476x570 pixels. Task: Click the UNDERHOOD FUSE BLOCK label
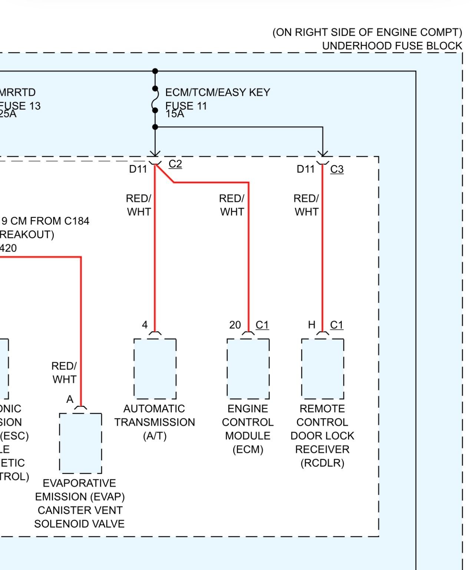(x=392, y=46)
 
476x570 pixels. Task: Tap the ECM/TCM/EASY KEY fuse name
(x=218, y=92)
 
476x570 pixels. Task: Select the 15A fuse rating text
(x=175, y=114)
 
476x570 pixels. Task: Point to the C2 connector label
(x=175, y=164)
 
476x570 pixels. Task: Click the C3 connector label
(x=337, y=169)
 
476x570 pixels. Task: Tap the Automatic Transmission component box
(x=155, y=369)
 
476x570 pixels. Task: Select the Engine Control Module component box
(x=248, y=369)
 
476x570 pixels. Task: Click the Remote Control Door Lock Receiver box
(x=323, y=369)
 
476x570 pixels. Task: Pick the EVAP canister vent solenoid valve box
(x=80, y=443)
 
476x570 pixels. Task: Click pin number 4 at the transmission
(x=145, y=325)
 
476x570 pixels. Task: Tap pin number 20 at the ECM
(x=235, y=325)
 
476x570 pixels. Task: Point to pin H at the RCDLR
(x=311, y=325)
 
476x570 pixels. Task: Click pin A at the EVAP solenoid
(x=70, y=400)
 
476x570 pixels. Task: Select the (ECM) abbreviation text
(x=248, y=450)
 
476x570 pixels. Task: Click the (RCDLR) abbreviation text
(x=322, y=463)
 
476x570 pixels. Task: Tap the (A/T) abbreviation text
(x=155, y=436)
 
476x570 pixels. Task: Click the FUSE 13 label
(x=20, y=106)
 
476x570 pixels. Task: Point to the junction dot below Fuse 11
(x=155, y=127)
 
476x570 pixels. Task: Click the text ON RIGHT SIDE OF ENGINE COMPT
(x=367, y=33)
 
